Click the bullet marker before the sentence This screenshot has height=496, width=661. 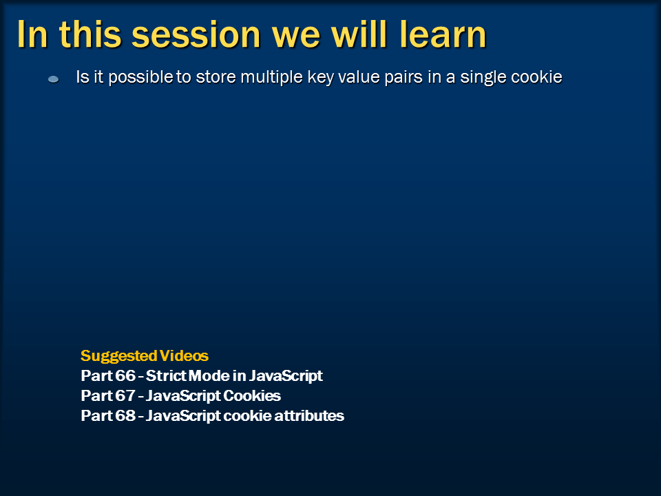(53, 80)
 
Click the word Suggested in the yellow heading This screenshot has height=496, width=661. (118, 356)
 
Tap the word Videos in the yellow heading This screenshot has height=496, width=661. (184, 356)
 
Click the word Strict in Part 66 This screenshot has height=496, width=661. (165, 376)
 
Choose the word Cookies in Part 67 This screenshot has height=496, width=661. (254, 396)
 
